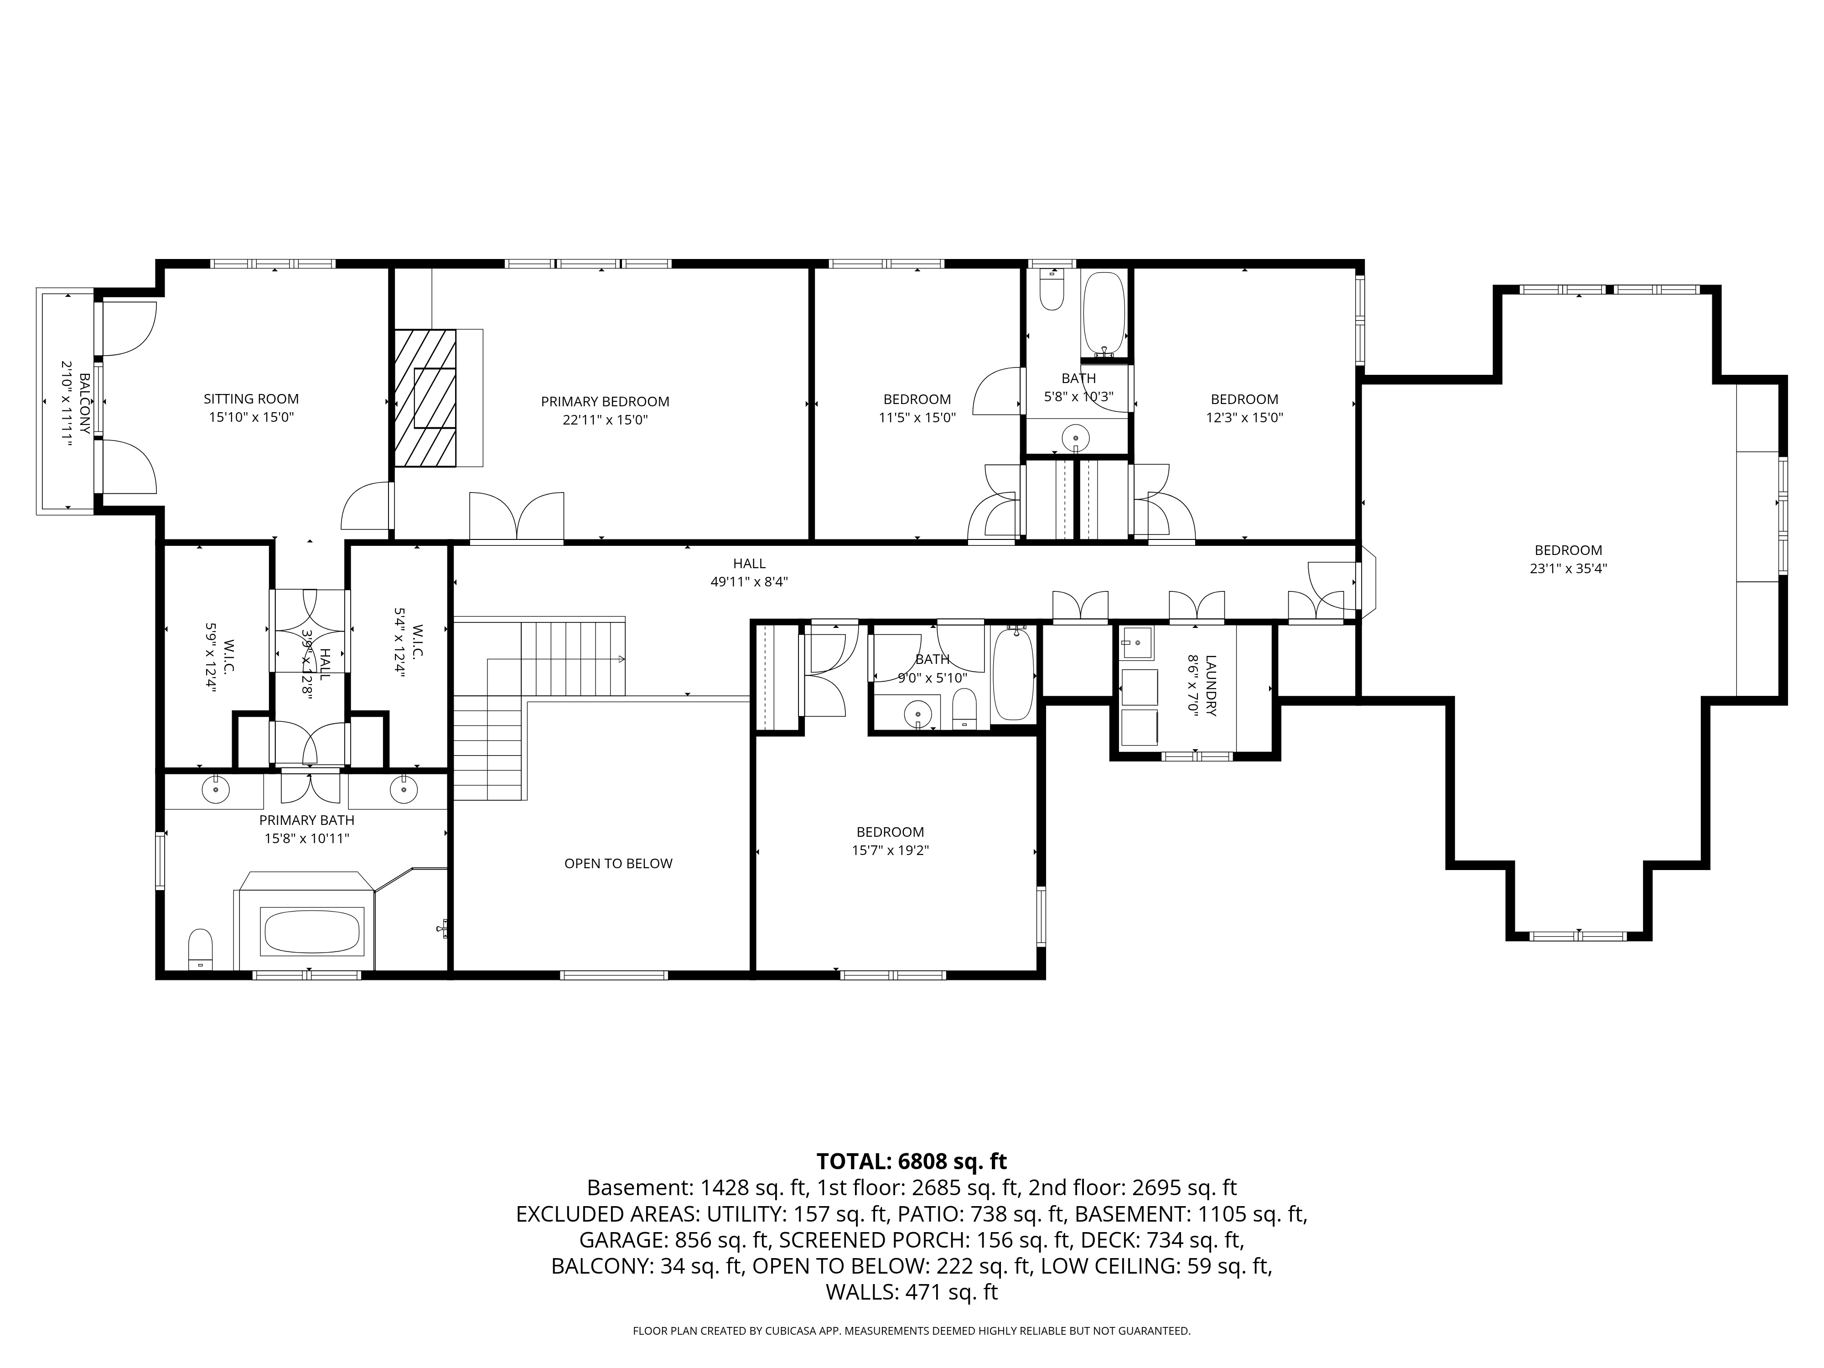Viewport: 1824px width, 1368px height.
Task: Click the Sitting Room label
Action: (x=252, y=399)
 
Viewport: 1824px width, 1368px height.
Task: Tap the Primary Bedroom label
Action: (x=605, y=402)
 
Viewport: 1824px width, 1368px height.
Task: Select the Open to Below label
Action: (x=618, y=863)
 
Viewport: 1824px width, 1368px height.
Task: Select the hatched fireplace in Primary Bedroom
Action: (x=425, y=398)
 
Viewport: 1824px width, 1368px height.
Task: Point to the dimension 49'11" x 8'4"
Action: (x=750, y=581)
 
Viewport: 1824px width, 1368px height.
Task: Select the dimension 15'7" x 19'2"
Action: (x=891, y=850)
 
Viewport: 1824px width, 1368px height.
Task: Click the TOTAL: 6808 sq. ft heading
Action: (x=912, y=1161)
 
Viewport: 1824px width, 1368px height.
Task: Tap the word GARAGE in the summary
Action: (x=623, y=1240)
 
